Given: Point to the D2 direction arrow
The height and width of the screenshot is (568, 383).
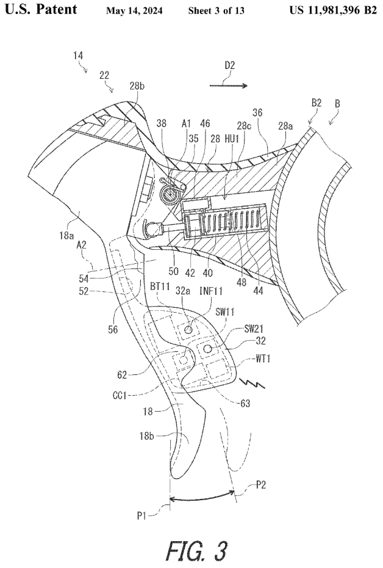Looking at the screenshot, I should click(x=229, y=86).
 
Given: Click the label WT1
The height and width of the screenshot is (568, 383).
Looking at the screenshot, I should click(x=254, y=358).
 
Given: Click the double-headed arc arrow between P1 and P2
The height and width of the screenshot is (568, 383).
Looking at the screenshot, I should click(x=202, y=498).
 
